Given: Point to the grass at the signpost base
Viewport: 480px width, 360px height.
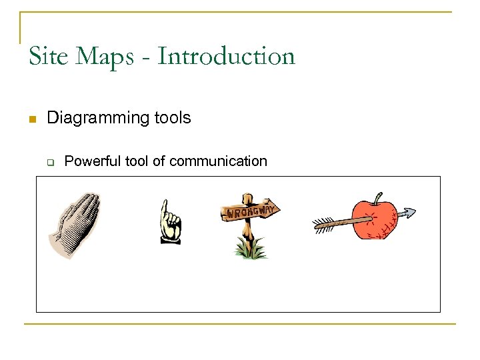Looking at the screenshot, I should [250, 251].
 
